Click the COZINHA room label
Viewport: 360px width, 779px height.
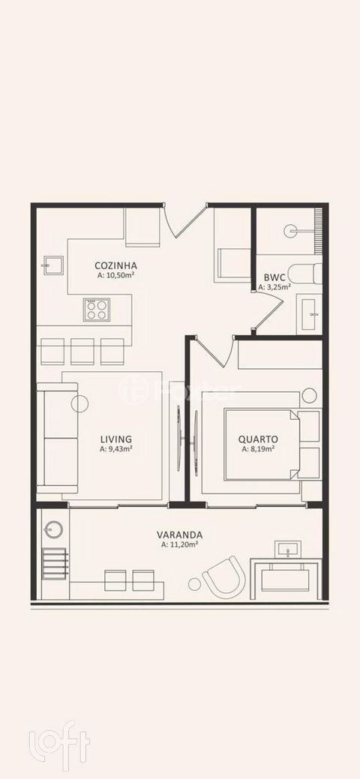pos(115,265)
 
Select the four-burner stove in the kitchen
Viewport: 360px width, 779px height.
pos(97,310)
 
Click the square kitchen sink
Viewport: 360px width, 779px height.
pos(53,265)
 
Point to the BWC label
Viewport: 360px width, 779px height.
pos(274,277)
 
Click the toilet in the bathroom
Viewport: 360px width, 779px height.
pos(305,274)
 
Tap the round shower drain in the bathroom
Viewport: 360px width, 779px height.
pos(291,230)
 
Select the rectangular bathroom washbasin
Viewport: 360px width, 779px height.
pos(309,314)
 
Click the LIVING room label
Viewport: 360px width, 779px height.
pos(115,439)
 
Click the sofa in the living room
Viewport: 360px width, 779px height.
pos(57,438)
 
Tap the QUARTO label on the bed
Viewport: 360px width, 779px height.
pos(258,439)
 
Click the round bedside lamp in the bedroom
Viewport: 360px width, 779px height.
pos(309,395)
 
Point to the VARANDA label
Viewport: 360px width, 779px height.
pos(179,535)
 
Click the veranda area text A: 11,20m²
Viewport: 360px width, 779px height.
pos(179,545)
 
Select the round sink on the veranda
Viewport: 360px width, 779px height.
pos(53,529)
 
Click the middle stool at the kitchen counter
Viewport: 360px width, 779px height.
pos(82,351)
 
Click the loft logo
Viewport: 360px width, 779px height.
pos(60,742)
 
